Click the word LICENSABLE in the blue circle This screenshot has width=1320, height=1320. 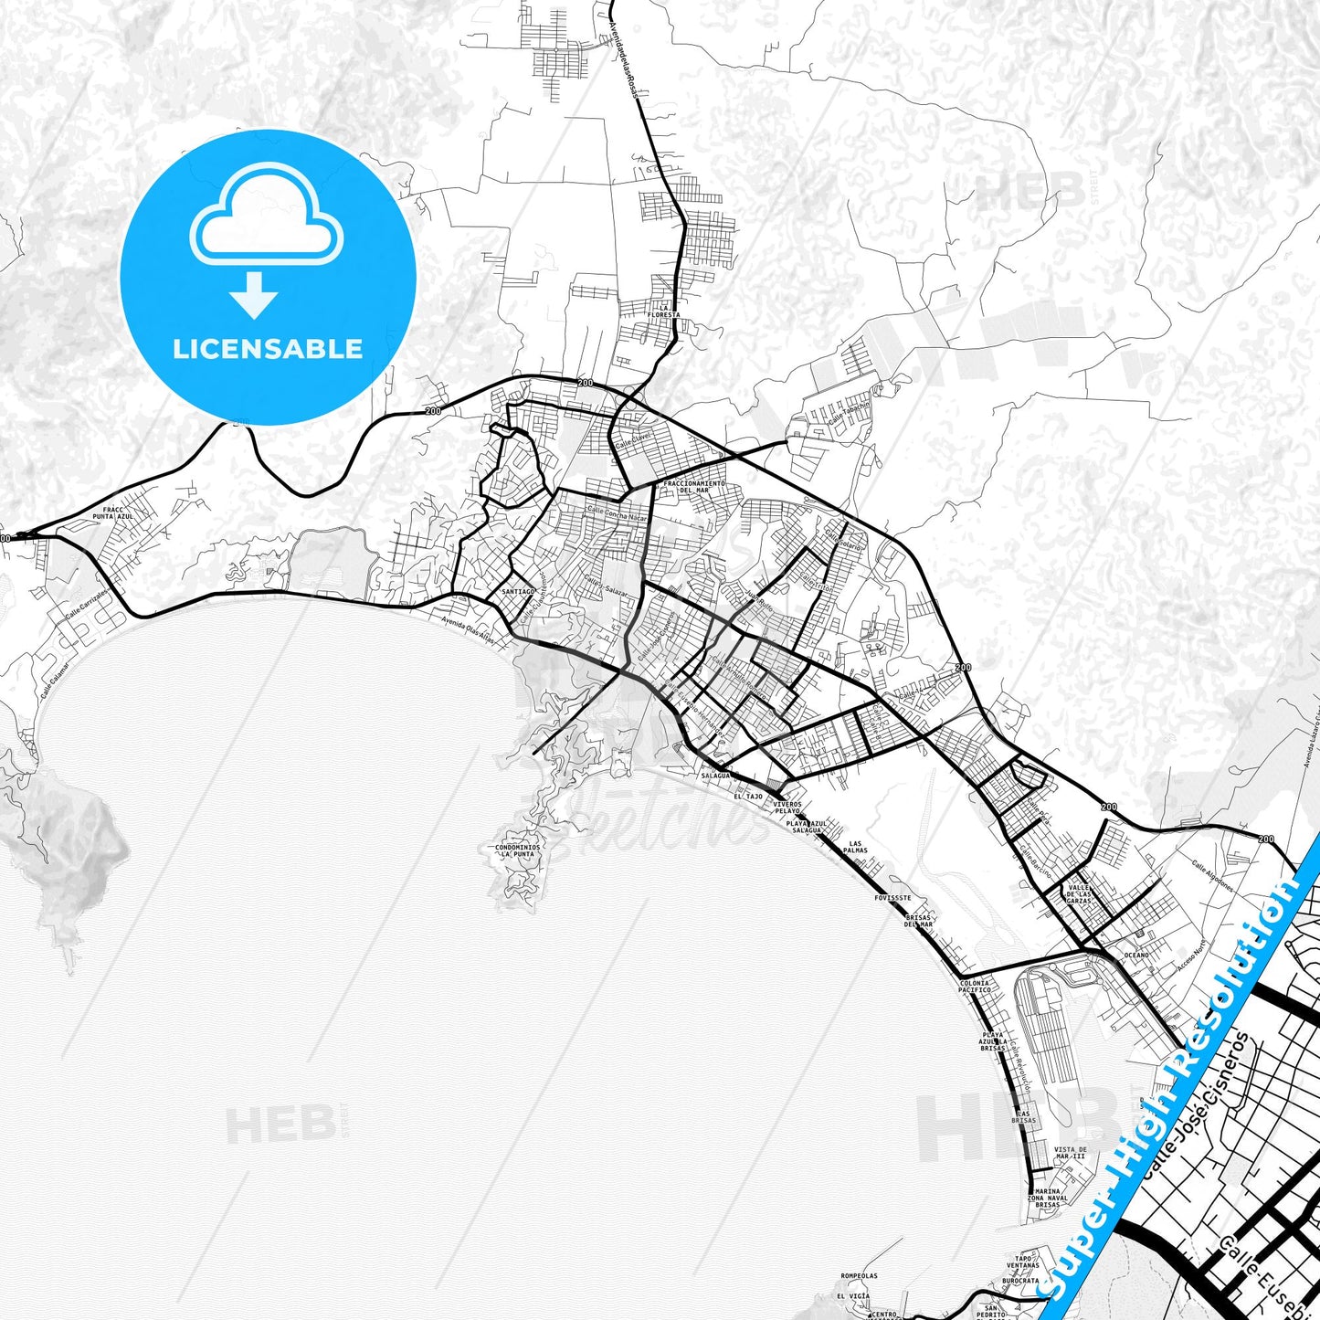268,349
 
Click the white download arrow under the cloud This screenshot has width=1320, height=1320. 254,295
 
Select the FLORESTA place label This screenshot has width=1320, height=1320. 663,315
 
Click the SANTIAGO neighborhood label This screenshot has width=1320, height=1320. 518,591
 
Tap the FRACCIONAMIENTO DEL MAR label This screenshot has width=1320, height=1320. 694,487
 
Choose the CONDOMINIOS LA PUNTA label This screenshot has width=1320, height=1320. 518,850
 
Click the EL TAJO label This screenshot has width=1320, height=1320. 747,797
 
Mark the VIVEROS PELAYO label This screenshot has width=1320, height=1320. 787,808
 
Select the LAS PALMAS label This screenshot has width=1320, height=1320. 856,847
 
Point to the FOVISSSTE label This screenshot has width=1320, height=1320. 892,898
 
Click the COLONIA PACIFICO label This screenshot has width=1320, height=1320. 974,987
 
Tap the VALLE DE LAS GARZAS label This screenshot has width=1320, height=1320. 1079,894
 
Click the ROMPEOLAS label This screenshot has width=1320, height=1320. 859,1276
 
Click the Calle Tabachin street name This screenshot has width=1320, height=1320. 850,414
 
